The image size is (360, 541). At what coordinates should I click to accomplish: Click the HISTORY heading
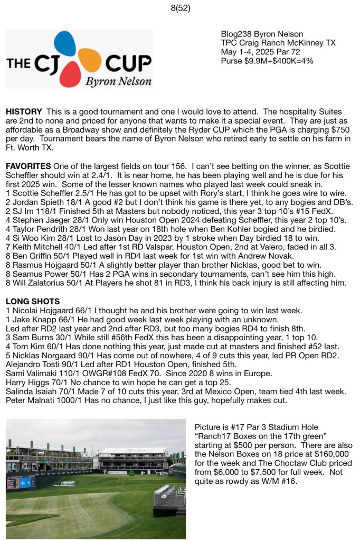[x=24, y=113]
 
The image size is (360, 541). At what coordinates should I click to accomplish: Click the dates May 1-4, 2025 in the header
[x=247, y=52]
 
